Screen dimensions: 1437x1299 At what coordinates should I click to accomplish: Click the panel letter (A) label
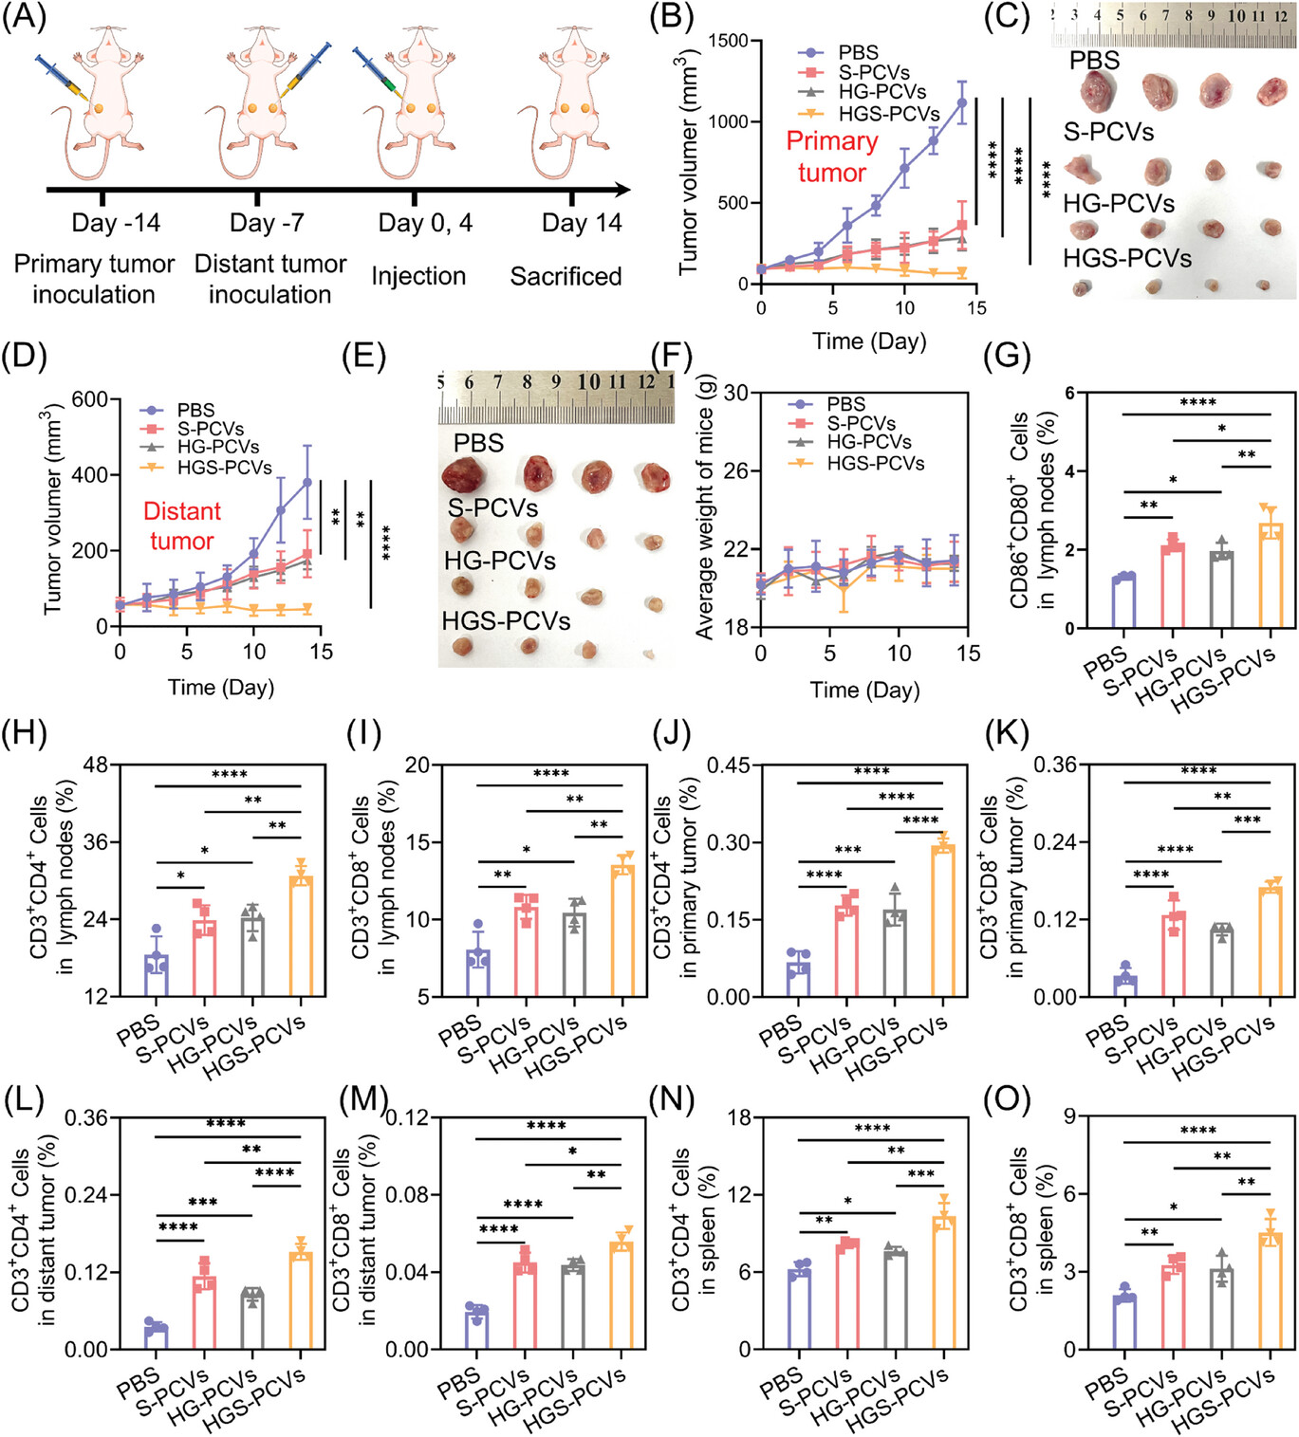(23, 19)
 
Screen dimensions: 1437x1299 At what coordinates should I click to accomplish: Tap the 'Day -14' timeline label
(116, 223)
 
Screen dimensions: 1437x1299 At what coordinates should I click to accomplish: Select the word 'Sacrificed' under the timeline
(566, 277)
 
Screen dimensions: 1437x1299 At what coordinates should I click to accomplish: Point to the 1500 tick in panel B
(728, 41)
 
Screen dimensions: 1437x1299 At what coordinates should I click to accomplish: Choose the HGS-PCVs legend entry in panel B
(888, 114)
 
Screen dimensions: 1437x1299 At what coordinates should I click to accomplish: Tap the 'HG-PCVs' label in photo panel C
(1118, 203)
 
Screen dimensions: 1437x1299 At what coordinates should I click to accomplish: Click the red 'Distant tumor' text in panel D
(181, 525)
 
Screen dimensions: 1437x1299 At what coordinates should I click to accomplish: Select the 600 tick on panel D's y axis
(89, 399)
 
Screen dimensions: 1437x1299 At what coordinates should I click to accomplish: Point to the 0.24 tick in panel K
(1054, 842)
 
